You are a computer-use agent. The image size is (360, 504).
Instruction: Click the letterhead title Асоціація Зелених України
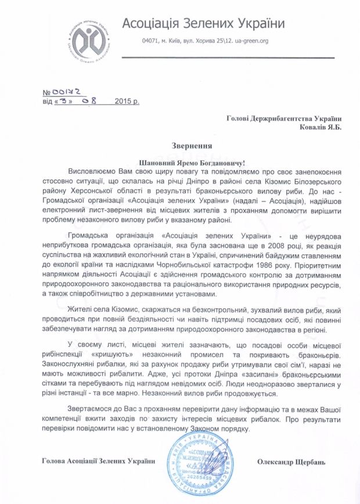click(203, 24)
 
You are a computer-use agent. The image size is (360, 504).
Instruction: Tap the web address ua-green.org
click(253, 41)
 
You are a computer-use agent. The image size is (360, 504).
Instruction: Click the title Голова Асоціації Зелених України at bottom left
click(99, 462)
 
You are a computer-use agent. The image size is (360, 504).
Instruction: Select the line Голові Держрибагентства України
click(284, 118)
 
